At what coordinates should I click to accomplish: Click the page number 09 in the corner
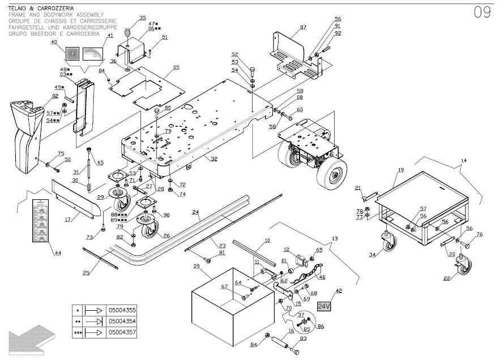pyautogui.click(x=482, y=13)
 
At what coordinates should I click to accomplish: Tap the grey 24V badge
pyautogui.click(x=324, y=306)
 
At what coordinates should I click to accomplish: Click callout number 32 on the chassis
pyautogui.click(x=215, y=159)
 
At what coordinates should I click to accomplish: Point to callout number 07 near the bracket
pyautogui.click(x=303, y=27)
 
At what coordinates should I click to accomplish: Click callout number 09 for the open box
pyautogui.click(x=197, y=266)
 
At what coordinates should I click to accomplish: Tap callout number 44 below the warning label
pyautogui.click(x=58, y=252)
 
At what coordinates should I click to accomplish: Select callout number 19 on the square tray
pyautogui.click(x=400, y=170)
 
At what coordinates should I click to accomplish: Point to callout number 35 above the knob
pyautogui.click(x=142, y=18)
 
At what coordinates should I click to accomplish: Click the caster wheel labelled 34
pyautogui.click(x=388, y=243)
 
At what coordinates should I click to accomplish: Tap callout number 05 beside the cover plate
pyautogui.click(x=176, y=67)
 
